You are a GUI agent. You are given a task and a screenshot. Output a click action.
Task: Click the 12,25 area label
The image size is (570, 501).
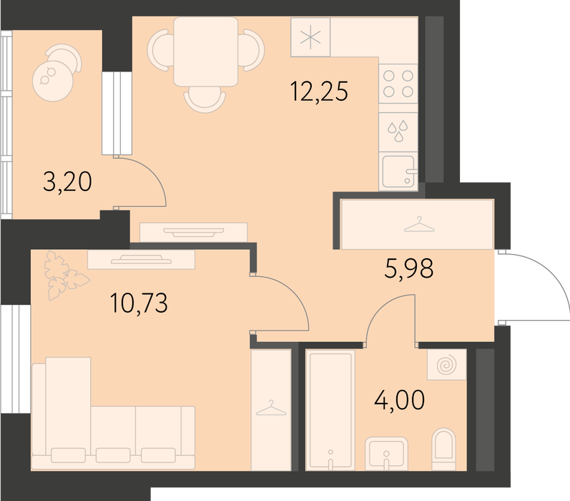tap(319, 91)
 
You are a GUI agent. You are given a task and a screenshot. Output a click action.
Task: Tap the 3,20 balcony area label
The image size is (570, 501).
tap(67, 182)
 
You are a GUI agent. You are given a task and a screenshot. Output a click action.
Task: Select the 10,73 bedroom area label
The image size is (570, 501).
tap(139, 303)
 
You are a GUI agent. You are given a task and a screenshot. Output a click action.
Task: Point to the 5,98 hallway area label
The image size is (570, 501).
tap(408, 268)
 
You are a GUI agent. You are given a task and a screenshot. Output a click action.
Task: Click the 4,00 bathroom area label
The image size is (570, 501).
tap(399, 399)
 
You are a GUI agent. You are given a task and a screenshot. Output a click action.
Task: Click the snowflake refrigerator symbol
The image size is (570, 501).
tap(310, 37)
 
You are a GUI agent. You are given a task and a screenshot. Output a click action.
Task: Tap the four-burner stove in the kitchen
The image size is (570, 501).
tap(398, 84)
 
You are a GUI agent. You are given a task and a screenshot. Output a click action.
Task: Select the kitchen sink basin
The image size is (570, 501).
tap(398, 171)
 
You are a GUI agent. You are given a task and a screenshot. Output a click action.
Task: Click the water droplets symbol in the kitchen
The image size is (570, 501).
tap(398, 130)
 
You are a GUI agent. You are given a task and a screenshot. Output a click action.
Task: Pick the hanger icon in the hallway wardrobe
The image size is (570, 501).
tap(419, 224)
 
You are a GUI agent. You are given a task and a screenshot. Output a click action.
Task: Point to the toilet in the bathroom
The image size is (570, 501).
tap(444, 449)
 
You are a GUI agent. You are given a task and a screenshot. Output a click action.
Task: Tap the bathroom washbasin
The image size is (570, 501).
tap(386, 453)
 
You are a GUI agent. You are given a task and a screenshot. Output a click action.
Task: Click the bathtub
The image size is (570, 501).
tap(330, 409)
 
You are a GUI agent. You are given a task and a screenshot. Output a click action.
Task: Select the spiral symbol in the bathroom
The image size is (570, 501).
tap(446, 364)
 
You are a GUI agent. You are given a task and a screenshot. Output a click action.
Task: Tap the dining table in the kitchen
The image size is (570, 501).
tap(206, 52)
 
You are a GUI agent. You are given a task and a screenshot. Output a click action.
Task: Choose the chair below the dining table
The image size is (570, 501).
tap(205, 99)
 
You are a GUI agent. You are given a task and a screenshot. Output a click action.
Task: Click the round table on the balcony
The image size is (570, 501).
tap(53, 81)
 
